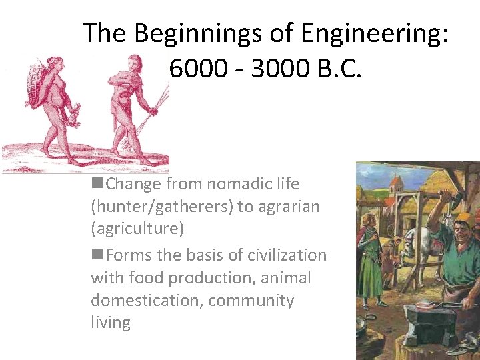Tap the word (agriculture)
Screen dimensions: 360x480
(x=137, y=229)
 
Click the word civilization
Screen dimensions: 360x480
(x=287, y=255)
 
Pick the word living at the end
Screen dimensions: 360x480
(x=111, y=323)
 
